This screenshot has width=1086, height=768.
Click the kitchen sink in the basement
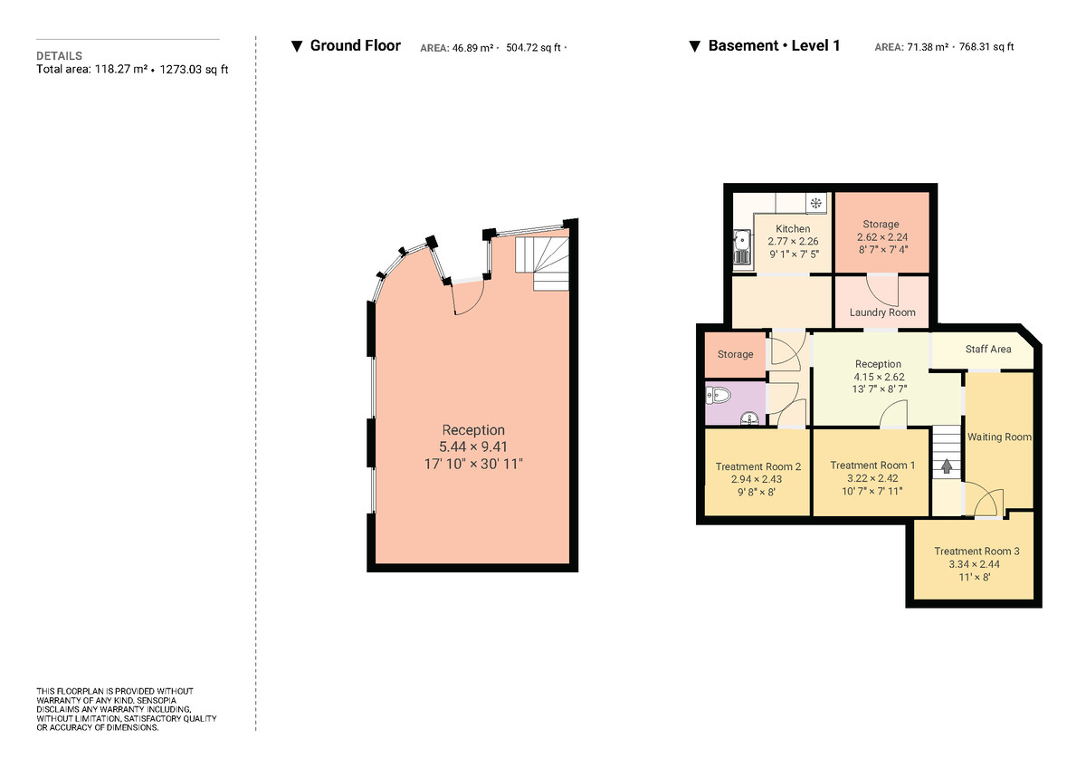(742, 247)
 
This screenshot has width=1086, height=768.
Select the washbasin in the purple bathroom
(748, 418)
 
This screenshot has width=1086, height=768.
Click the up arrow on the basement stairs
(947, 467)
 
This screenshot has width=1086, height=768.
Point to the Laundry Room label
(881, 312)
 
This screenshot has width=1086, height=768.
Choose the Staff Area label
(988, 349)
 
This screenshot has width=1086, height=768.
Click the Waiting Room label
(999, 437)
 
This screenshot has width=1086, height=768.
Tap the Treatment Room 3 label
(976, 551)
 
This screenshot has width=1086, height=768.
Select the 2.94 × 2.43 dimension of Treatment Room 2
(757, 479)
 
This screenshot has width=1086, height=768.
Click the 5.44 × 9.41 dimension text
(473, 446)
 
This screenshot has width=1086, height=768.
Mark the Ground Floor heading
(355, 45)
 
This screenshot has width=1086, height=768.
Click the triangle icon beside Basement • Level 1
(694, 46)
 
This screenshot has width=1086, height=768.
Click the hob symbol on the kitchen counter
(815, 203)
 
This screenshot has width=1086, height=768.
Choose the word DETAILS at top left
(59, 56)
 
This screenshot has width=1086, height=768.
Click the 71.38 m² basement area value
(927, 47)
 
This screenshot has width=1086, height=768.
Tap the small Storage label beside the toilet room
(735, 354)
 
